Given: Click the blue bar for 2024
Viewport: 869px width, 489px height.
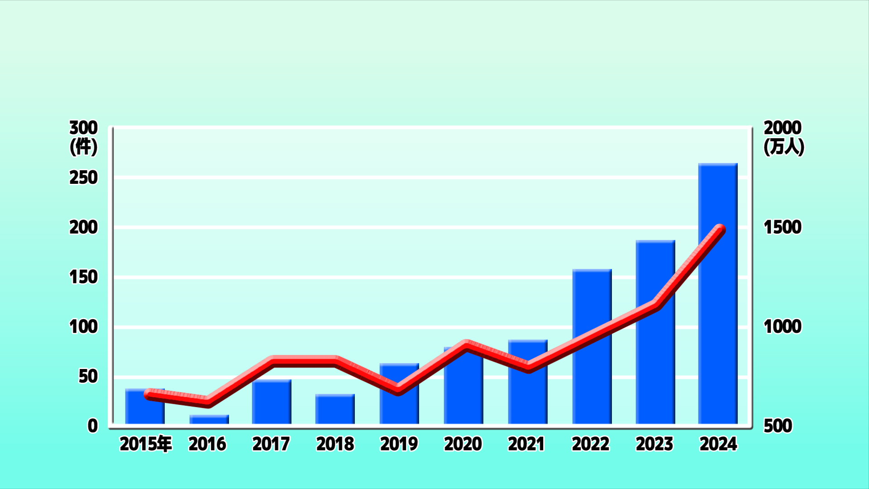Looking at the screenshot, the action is pyautogui.click(x=718, y=293).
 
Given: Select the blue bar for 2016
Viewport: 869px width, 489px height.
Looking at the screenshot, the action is pyautogui.click(x=209, y=419).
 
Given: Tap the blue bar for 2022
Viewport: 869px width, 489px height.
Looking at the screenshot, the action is pyautogui.click(x=592, y=346).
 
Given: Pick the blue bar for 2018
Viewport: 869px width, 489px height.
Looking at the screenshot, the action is pyautogui.click(x=335, y=409).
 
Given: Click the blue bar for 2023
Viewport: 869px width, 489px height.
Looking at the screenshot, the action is pyautogui.click(x=655, y=332).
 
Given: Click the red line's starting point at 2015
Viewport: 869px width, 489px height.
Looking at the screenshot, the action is pyautogui.click(x=150, y=394).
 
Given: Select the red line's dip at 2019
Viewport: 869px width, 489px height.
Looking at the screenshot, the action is pyautogui.click(x=398, y=389).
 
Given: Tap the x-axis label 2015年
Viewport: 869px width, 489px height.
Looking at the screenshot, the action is pyautogui.click(x=146, y=444).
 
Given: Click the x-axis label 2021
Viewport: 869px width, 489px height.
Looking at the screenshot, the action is pyautogui.click(x=526, y=444).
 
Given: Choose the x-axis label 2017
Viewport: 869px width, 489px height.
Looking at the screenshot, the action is pyautogui.click(x=271, y=444).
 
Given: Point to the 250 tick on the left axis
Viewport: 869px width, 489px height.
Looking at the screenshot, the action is pyautogui.click(x=83, y=178).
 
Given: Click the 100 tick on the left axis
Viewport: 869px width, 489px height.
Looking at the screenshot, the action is pyautogui.click(x=83, y=327).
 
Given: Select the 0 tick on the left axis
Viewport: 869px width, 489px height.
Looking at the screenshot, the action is pyautogui.click(x=93, y=426).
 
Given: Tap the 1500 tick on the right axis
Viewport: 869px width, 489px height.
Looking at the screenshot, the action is pyautogui.click(x=783, y=227).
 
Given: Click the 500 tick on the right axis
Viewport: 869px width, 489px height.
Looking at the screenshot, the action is pyautogui.click(x=778, y=426).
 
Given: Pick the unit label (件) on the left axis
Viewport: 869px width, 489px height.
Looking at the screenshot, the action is pyautogui.click(x=84, y=147).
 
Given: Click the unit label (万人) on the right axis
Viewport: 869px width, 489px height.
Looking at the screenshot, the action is pyautogui.click(x=784, y=147).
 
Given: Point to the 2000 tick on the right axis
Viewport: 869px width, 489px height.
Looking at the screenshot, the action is pyautogui.click(x=783, y=128).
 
